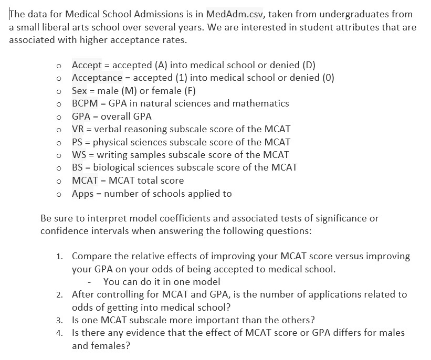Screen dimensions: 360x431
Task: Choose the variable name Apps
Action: tap(83, 194)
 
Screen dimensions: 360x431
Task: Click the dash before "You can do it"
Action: tap(91, 282)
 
